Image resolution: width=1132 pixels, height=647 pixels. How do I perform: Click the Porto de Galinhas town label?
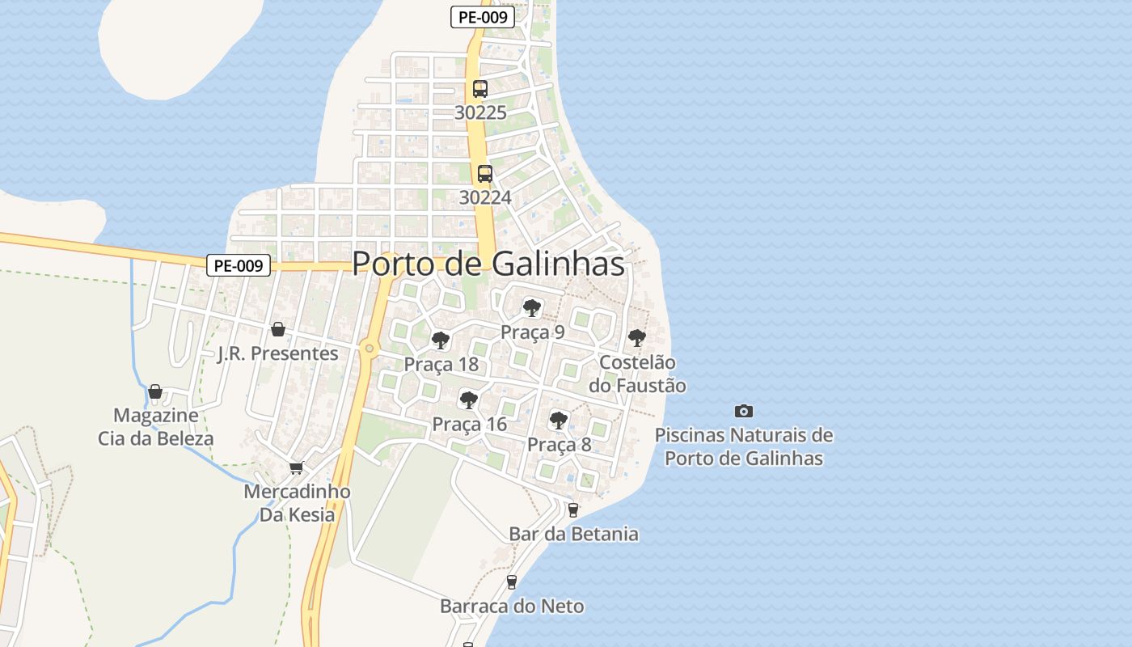click(488, 264)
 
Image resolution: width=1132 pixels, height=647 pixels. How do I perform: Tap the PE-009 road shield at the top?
click(483, 17)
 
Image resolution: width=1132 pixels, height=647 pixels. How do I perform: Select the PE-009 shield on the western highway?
click(238, 265)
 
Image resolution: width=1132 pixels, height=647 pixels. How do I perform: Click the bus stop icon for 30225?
click(480, 89)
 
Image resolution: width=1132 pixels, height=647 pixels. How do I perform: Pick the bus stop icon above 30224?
click(485, 173)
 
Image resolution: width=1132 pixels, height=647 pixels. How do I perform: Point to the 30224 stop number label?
click(485, 197)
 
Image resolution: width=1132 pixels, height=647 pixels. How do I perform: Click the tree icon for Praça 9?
click(531, 307)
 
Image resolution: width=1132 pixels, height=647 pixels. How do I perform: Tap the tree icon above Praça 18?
click(441, 340)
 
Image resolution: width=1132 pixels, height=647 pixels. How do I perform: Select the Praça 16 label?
click(469, 424)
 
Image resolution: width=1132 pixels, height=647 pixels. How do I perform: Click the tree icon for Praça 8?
click(558, 420)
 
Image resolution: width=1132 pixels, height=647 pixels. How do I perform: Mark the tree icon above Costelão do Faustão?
click(637, 337)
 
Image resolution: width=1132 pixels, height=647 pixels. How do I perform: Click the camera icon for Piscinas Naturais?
click(744, 411)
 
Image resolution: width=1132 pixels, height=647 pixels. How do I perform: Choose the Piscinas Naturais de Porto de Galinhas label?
click(744, 446)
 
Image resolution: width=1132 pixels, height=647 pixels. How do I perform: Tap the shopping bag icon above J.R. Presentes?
click(278, 329)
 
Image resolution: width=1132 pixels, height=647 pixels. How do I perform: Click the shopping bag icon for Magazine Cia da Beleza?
click(155, 392)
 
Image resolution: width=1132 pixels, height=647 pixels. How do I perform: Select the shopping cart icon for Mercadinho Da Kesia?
click(297, 467)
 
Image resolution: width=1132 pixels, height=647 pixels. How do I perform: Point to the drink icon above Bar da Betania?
click(573, 510)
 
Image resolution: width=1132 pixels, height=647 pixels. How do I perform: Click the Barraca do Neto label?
click(512, 606)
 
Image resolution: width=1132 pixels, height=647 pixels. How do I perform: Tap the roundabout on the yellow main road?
click(369, 349)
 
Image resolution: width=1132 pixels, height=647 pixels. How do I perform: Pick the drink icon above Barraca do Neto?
click(511, 581)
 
